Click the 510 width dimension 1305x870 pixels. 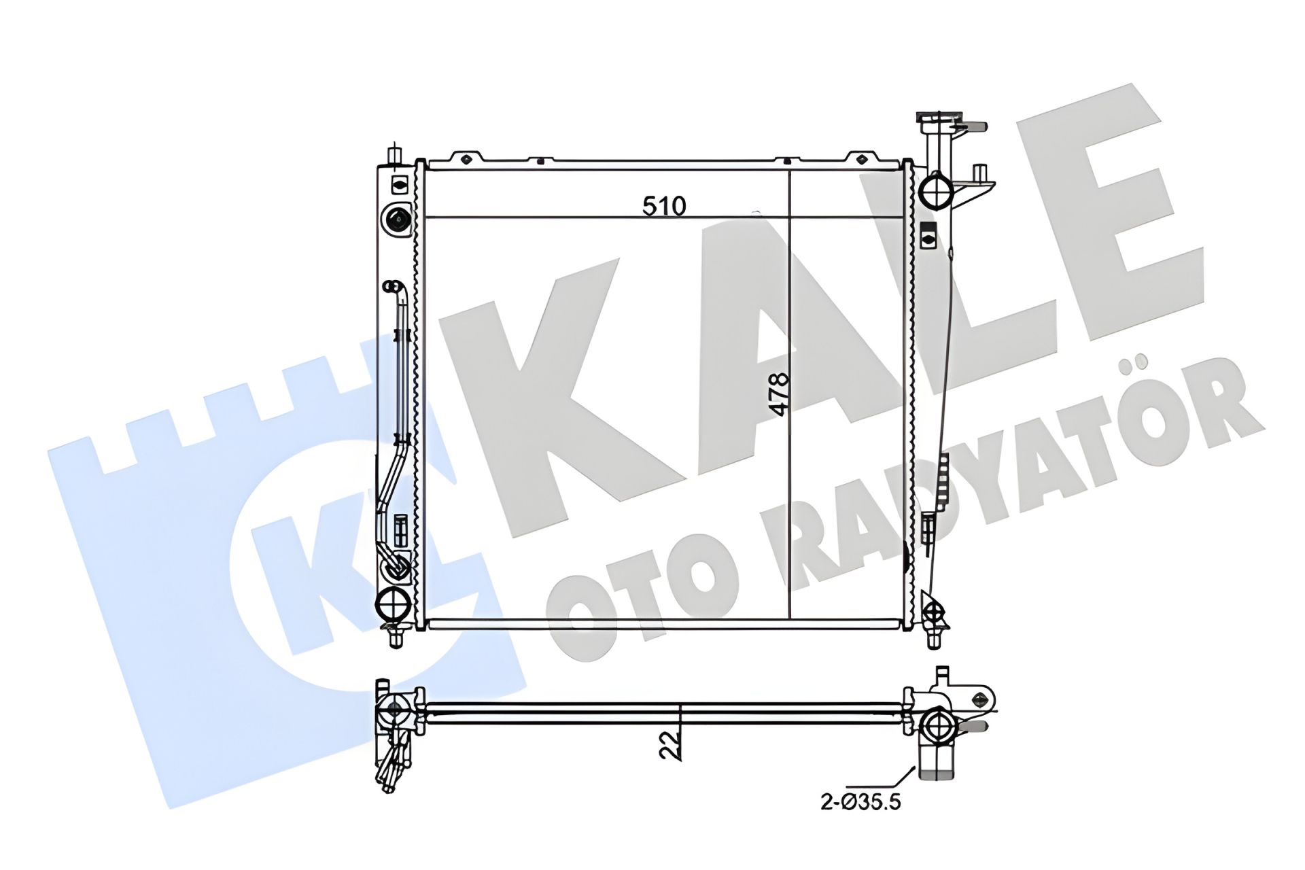coord(665,206)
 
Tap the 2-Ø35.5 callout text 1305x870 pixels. coord(860,802)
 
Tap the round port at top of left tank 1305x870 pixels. coord(398,219)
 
